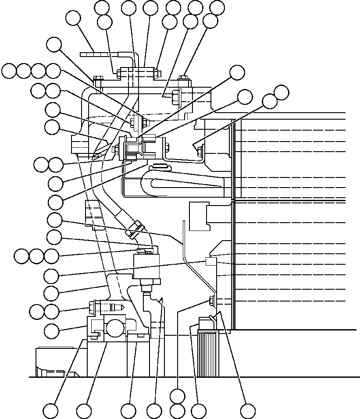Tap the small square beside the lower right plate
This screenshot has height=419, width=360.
pos(211,262)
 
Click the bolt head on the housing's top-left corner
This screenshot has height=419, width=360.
pos(98,80)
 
